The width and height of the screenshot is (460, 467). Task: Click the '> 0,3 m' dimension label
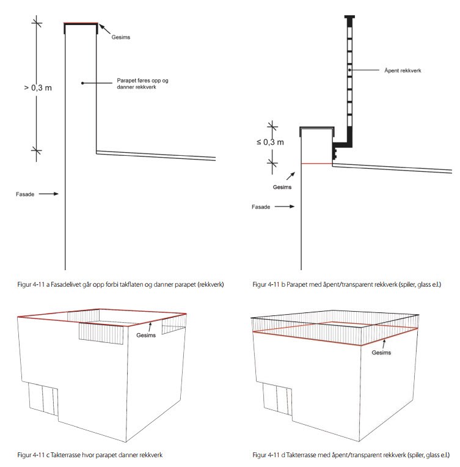38,87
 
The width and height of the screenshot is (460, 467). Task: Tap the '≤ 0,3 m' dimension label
270,142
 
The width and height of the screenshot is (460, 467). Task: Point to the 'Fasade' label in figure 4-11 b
262,207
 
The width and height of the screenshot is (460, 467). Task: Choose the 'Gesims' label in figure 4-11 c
146,336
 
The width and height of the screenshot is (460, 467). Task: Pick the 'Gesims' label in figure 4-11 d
381,353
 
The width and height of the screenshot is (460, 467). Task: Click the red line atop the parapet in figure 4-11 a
81,24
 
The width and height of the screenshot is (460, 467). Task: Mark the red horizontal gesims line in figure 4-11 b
317,164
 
